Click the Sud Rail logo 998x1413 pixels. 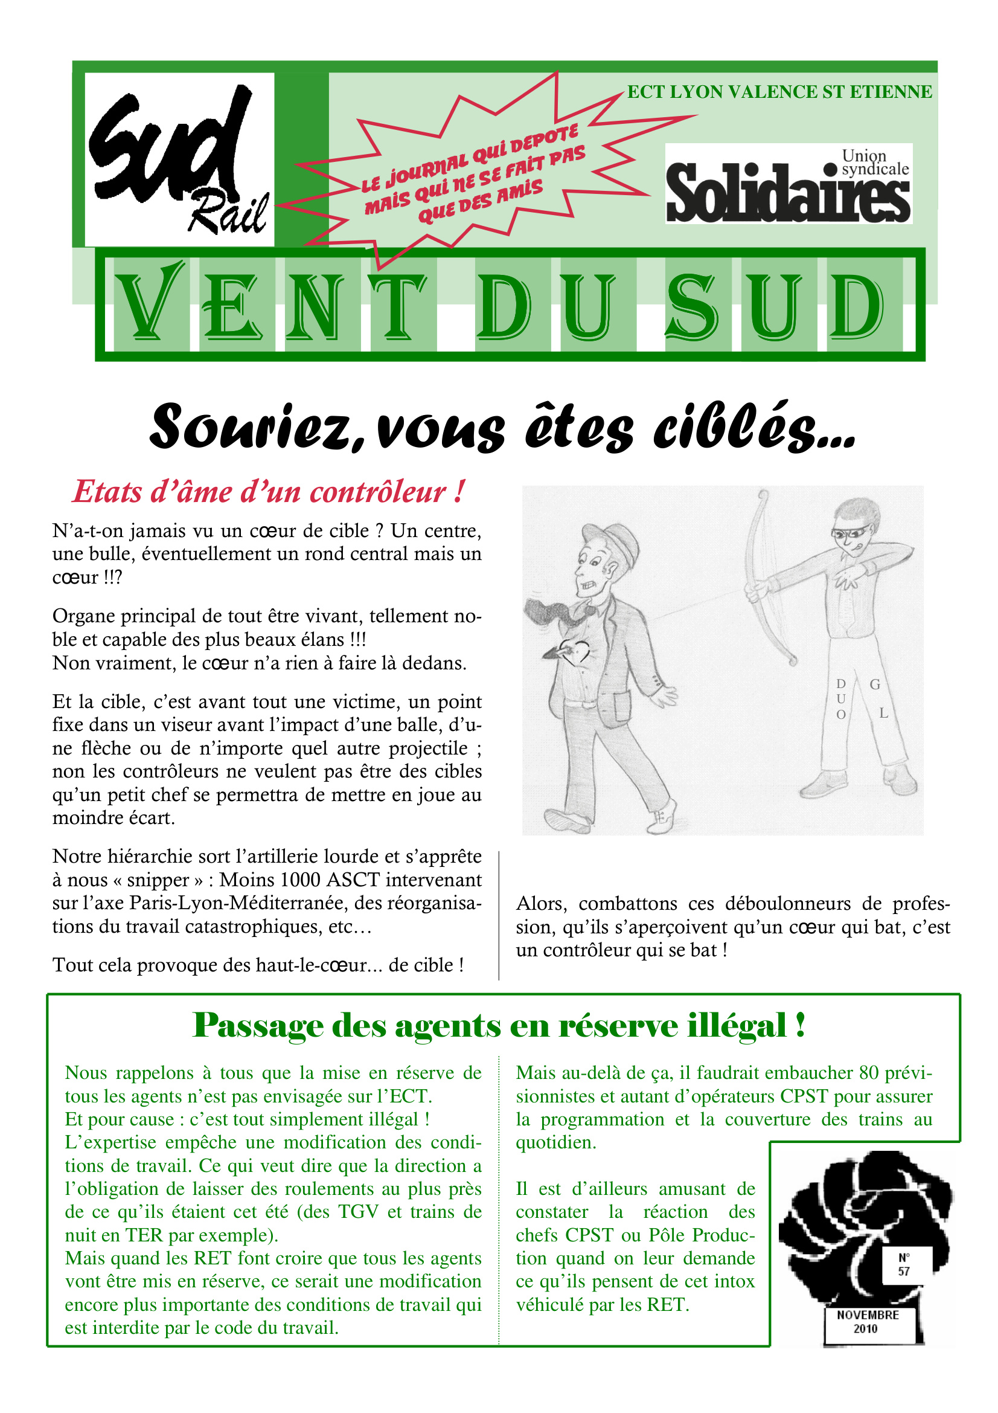pos(179,159)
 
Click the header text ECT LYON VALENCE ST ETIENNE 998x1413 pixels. pos(779,92)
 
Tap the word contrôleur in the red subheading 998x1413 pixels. pos(377,492)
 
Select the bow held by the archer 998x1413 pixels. pos(763,579)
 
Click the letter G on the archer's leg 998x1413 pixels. pos(874,684)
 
